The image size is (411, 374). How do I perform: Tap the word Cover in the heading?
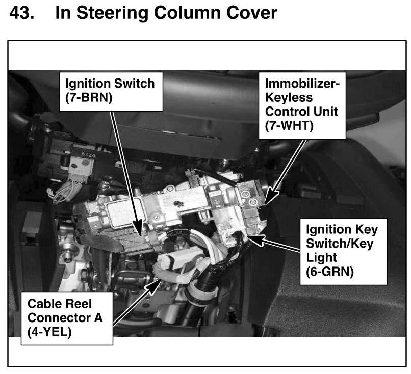click(248, 13)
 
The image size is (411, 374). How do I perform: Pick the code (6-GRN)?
click(329, 272)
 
